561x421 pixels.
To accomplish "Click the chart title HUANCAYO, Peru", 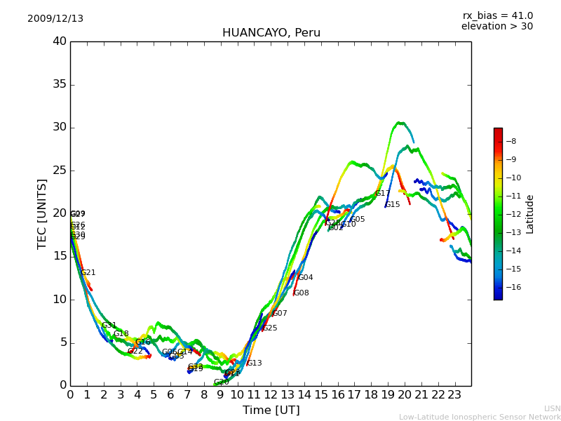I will click(271, 33).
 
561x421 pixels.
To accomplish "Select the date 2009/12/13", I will click(55, 19).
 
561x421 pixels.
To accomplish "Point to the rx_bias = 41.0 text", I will click(497, 16).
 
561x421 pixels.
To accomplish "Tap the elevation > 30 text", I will click(496, 27).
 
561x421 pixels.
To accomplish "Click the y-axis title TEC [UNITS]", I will click(43, 213).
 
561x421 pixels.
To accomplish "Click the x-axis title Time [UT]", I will click(271, 410).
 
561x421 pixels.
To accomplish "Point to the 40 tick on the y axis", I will click(60, 41).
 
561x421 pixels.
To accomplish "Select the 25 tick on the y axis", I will click(60, 171).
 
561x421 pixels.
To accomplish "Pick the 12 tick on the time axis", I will click(271, 394).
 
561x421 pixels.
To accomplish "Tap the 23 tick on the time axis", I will click(454, 394).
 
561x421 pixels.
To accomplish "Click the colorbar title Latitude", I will click(530, 214).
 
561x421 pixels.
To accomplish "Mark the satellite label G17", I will click(382, 194).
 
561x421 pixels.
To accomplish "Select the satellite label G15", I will click(392, 205).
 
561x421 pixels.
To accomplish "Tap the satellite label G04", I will click(306, 278).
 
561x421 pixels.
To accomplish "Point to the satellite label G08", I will click(301, 293).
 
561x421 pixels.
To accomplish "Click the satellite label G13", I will click(254, 363).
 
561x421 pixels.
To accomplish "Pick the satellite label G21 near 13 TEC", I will click(88, 273).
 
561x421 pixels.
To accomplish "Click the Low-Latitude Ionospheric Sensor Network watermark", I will click(480, 417).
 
